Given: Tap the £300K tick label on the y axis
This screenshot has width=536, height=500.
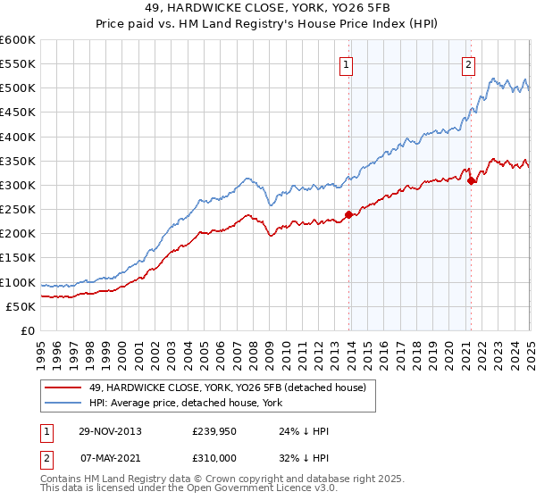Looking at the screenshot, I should [17, 186].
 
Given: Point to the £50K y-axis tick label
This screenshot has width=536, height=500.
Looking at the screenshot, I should [21, 307].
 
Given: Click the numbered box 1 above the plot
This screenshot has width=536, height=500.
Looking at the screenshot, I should [345, 63].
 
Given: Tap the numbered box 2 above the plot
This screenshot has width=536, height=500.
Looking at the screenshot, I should [467, 63].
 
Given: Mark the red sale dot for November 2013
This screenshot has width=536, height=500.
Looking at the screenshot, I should [349, 214].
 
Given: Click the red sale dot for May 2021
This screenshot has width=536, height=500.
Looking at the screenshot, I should [471, 180].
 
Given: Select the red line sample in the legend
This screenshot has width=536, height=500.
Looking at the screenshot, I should [63, 387].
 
